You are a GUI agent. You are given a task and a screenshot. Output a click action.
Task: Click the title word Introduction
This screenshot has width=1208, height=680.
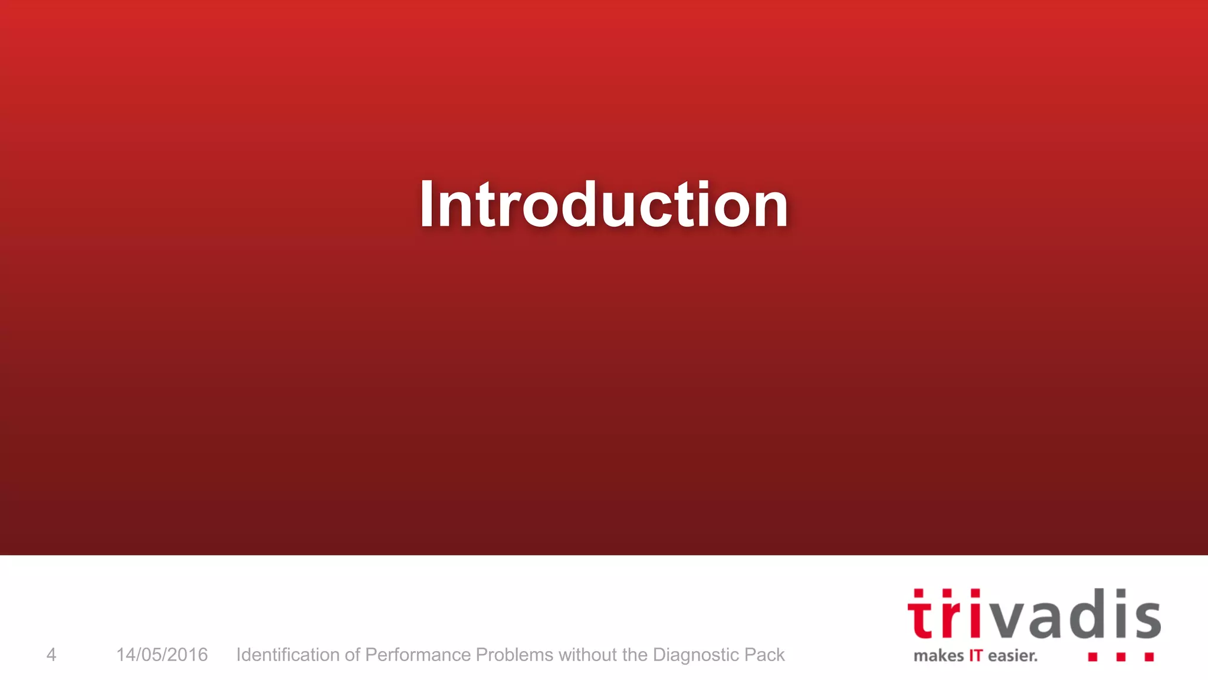pos(603,204)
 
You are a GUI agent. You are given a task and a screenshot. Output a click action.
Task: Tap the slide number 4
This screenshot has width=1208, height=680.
pos(51,655)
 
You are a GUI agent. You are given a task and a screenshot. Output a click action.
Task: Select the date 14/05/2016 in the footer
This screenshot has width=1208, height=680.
pos(162,655)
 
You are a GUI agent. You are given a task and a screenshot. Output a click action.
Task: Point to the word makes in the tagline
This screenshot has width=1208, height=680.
pos(938,656)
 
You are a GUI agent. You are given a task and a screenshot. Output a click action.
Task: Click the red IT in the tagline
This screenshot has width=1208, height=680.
pos(976,656)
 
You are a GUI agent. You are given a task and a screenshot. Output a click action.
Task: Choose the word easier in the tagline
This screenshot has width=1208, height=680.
pos(1012,656)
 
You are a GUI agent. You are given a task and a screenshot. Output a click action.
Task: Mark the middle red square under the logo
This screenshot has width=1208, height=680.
pos(1121,656)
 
